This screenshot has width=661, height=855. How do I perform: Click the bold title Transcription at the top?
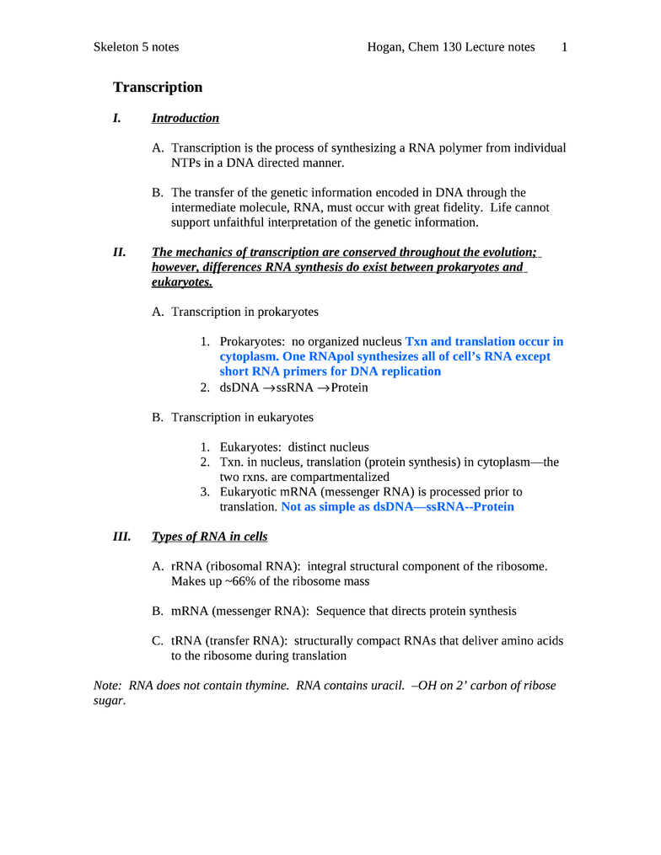coord(158,88)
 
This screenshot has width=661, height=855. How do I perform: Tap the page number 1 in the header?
coord(564,47)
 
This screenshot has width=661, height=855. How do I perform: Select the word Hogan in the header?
coord(385,47)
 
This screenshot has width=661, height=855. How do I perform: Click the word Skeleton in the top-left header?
coord(116,47)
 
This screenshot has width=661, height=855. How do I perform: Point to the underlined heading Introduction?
coord(185,119)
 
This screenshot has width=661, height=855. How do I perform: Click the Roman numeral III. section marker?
coord(121,537)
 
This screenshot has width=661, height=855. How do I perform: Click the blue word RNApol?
coord(320,357)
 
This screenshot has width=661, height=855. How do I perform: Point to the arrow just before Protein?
coord(322,388)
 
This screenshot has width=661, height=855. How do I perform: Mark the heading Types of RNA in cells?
coord(209,537)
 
